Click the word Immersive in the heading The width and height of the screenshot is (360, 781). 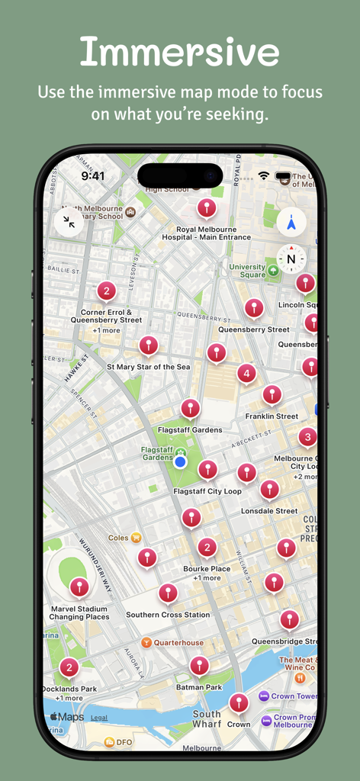pyautogui.click(x=179, y=52)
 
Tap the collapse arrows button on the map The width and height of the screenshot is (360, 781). pyautogui.click(x=69, y=222)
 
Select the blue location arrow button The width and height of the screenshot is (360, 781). pyautogui.click(x=291, y=222)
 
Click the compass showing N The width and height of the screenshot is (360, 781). pyautogui.click(x=291, y=259)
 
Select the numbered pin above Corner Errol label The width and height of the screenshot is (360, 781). pyautogui.click(x=106, y=291)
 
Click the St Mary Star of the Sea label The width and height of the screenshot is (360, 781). pyautogui.click(x=148, y=367)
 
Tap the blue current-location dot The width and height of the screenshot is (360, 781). pyautogui.click(x=180, y=461)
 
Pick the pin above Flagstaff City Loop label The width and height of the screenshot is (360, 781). pyautogui.click(x=207, y=469)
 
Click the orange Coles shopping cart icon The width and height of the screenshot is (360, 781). pyautogui.click(x=136, y=537)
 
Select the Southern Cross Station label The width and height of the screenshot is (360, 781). pyautogui.click(x=168, y=615)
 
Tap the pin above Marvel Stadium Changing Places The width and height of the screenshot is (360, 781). pyautogui.click(x=79, y=587)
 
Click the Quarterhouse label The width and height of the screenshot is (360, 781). pyautogui.click(x=179, y=642)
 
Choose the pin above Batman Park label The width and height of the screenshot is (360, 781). pyautogui.click(x=199, y=665)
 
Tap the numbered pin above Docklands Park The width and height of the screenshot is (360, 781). pyautogui.click(x=69, y=668)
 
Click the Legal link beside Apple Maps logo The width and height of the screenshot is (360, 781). pyautogui.click(x=99, y=718)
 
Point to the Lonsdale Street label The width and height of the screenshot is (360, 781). pyautogui.click(x=269, y=511)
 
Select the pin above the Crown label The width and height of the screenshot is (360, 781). pyautogui.click(x=239, y=702)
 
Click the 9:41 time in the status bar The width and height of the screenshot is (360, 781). pyautogui.click(x=93, y=176)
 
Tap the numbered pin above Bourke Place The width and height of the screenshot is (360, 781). pyautogui.click(x=207, y=547)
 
